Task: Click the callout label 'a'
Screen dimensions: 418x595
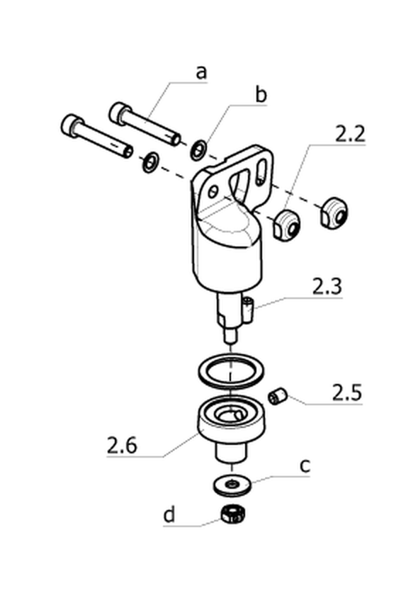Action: click(x=202, y=72)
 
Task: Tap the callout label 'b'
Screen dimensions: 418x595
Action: click(x=261, y=94)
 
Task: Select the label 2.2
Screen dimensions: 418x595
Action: click(x=350, y=135)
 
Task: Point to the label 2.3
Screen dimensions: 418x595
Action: click(x=327, y=287)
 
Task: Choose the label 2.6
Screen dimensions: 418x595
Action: click(x=121, y=446)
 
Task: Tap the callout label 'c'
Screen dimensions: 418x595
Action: click(x=305, y=465)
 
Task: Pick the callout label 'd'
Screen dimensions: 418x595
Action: click(x=169, y=515)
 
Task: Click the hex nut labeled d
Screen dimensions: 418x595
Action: click(x=232, y=514)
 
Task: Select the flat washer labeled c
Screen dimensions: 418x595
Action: click(x=232, y=484)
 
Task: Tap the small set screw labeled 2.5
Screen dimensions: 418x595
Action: click(x=278, y=396)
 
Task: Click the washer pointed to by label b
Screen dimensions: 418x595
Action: click(x=198, y=150)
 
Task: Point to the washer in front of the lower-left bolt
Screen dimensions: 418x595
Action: click(x=151, y=162)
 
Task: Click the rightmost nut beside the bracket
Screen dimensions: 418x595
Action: click(x=334, y=212)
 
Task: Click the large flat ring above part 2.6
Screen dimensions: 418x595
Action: click(x=231, y=370)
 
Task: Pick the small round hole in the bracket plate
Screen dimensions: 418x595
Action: click(x=214, y=191)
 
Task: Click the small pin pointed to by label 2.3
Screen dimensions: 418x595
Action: click(x=248, y=310)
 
